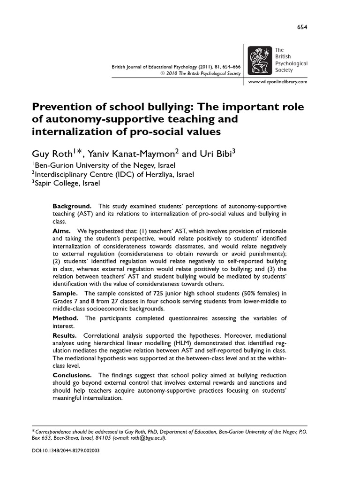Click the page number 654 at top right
pos(302,27)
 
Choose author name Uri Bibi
pos(213,154)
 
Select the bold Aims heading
pos(62,231)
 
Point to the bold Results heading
pos(65,335)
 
